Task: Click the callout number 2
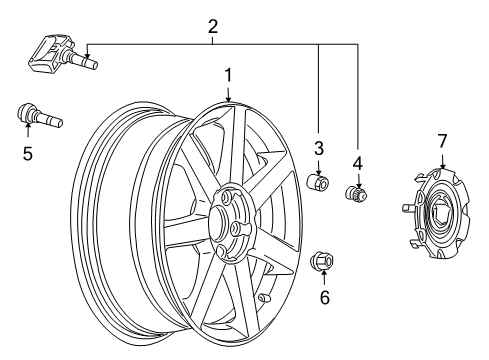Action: coord(212,27)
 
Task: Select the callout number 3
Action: coord(319,149)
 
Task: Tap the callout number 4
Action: coord(357,161)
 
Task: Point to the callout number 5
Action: coord(27,154)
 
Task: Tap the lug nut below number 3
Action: coord(318,184)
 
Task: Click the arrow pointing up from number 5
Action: coord(27,133)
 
